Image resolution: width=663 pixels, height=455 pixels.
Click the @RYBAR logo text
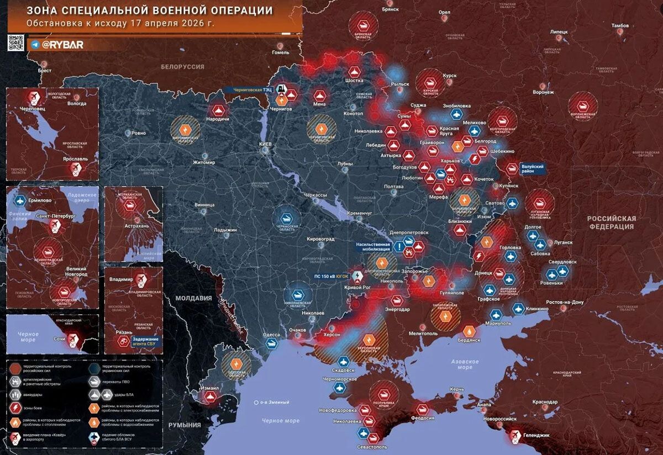pyautogui.click(x=62, y=45)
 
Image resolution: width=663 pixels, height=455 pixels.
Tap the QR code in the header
pyautogui.click(x=15, y=43)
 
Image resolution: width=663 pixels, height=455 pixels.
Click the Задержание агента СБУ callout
pyautogui.click(x=144, y=341)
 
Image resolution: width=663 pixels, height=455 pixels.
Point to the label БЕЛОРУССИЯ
pyautogui.click(x=182, y=67)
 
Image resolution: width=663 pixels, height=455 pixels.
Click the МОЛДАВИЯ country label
pyautogui.click(x=193, y=298)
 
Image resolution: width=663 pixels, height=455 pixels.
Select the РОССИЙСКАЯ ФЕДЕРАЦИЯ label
pyautogui.click(x=611, y=222)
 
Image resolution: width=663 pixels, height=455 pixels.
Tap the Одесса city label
pyautogui.click(x=271, y=335)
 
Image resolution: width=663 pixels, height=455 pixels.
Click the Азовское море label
pyautogui.click(x=465, y=363)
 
